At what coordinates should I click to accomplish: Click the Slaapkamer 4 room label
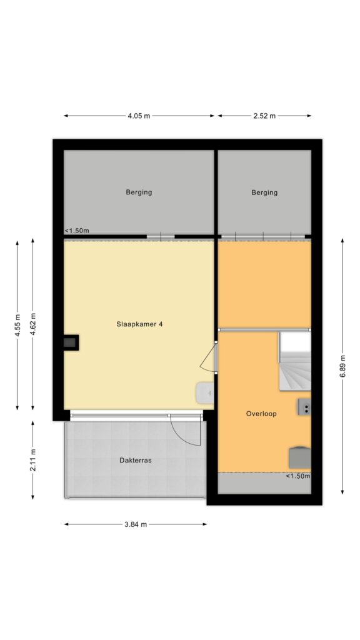point(139,324)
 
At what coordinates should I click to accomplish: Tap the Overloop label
point(261,414)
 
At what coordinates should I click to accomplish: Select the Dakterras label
point(136,460)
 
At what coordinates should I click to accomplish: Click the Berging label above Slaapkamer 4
point(139,192)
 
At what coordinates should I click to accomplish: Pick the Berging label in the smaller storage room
point(264,192)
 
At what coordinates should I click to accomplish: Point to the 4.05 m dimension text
point(139,116)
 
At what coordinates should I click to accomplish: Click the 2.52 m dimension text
point(264,116)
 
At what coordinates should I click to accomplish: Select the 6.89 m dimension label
point(342,366)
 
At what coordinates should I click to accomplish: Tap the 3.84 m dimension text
point(136,524)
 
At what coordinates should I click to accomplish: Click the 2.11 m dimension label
point(33,460)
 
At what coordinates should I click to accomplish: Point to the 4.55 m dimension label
point(17,325)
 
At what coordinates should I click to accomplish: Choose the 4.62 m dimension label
point(33,325)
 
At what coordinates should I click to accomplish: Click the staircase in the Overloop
point(295,361)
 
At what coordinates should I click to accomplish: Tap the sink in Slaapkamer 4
point(205,393)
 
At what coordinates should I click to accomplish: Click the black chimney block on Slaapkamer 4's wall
point(71,342)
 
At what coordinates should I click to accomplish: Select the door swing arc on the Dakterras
point(186,432)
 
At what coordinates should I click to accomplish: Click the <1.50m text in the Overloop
point(297,476)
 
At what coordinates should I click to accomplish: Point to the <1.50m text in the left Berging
point(77,231)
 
